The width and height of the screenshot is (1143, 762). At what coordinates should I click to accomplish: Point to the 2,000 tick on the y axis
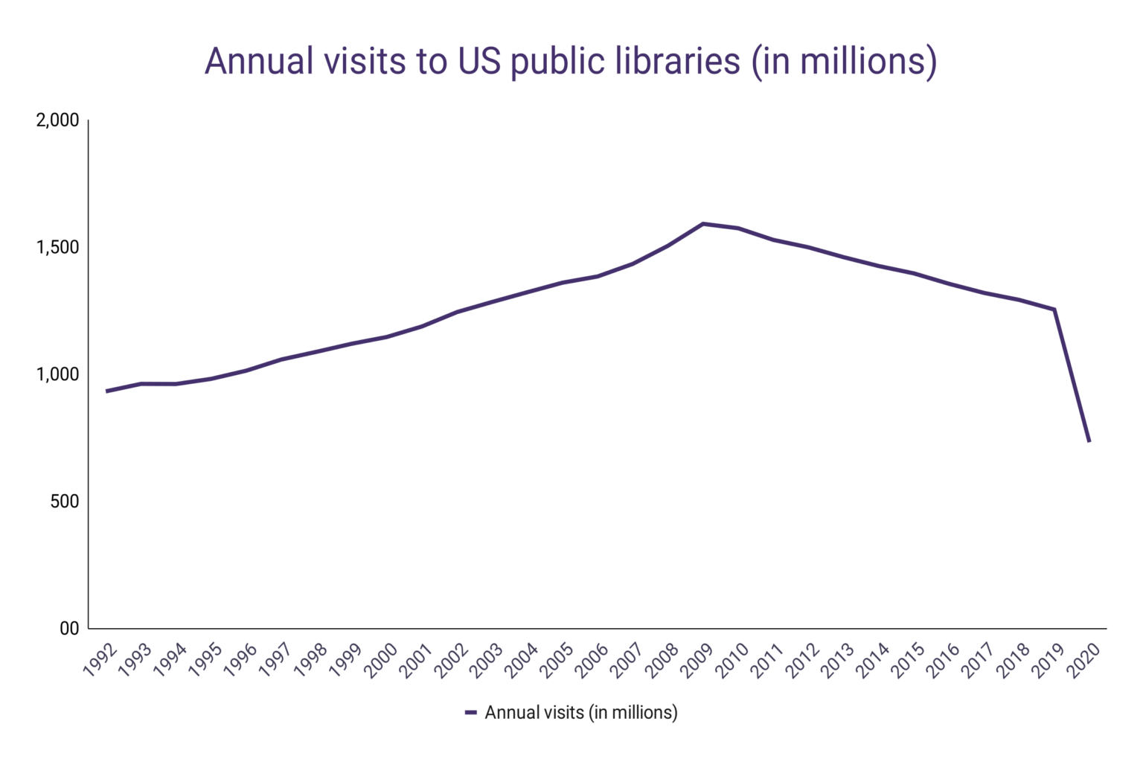[x=58, y=121]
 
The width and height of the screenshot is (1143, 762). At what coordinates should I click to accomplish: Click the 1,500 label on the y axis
[x=58, y=248]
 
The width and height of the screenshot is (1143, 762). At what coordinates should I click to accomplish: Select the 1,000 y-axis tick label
[x=58, y=375]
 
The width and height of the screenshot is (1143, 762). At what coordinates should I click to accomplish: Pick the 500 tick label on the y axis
[x=65, y=502]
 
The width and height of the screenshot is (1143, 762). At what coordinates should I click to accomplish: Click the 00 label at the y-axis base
[x=68, y=629]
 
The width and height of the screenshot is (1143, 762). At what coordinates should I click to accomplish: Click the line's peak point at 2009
[x=703, y=223]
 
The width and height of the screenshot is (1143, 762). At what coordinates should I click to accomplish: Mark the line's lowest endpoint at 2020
[x=1089, y=441]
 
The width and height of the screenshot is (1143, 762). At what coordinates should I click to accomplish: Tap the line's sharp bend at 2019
[x=1054, y=310]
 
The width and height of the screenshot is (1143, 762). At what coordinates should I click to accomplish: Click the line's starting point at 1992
[x=107, y=391]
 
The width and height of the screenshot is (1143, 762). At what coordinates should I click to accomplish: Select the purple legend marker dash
[x=470, y=713]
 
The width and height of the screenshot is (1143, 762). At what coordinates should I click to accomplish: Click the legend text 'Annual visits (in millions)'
[x=581, y=713]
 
